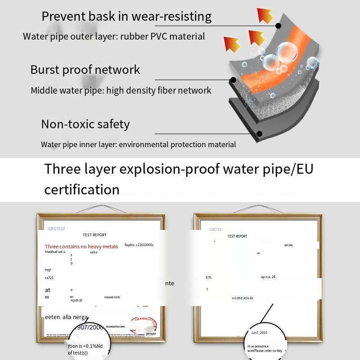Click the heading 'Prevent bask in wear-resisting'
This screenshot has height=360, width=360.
126,17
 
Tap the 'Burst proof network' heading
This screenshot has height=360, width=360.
85,70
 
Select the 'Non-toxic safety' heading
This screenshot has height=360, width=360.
85,124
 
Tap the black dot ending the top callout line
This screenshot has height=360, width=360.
279,26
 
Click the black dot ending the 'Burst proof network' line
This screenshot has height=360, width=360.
233,80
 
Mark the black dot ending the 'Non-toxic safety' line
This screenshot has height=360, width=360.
260,134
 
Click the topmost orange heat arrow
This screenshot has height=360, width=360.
265,15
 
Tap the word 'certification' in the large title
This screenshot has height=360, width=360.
82,189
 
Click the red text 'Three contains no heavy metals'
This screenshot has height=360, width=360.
81,247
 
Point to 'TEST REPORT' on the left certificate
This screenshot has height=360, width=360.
94,235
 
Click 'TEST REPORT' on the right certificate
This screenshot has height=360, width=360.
237,236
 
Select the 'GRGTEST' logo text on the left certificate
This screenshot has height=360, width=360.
57,229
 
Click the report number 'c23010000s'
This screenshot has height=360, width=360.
145,245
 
